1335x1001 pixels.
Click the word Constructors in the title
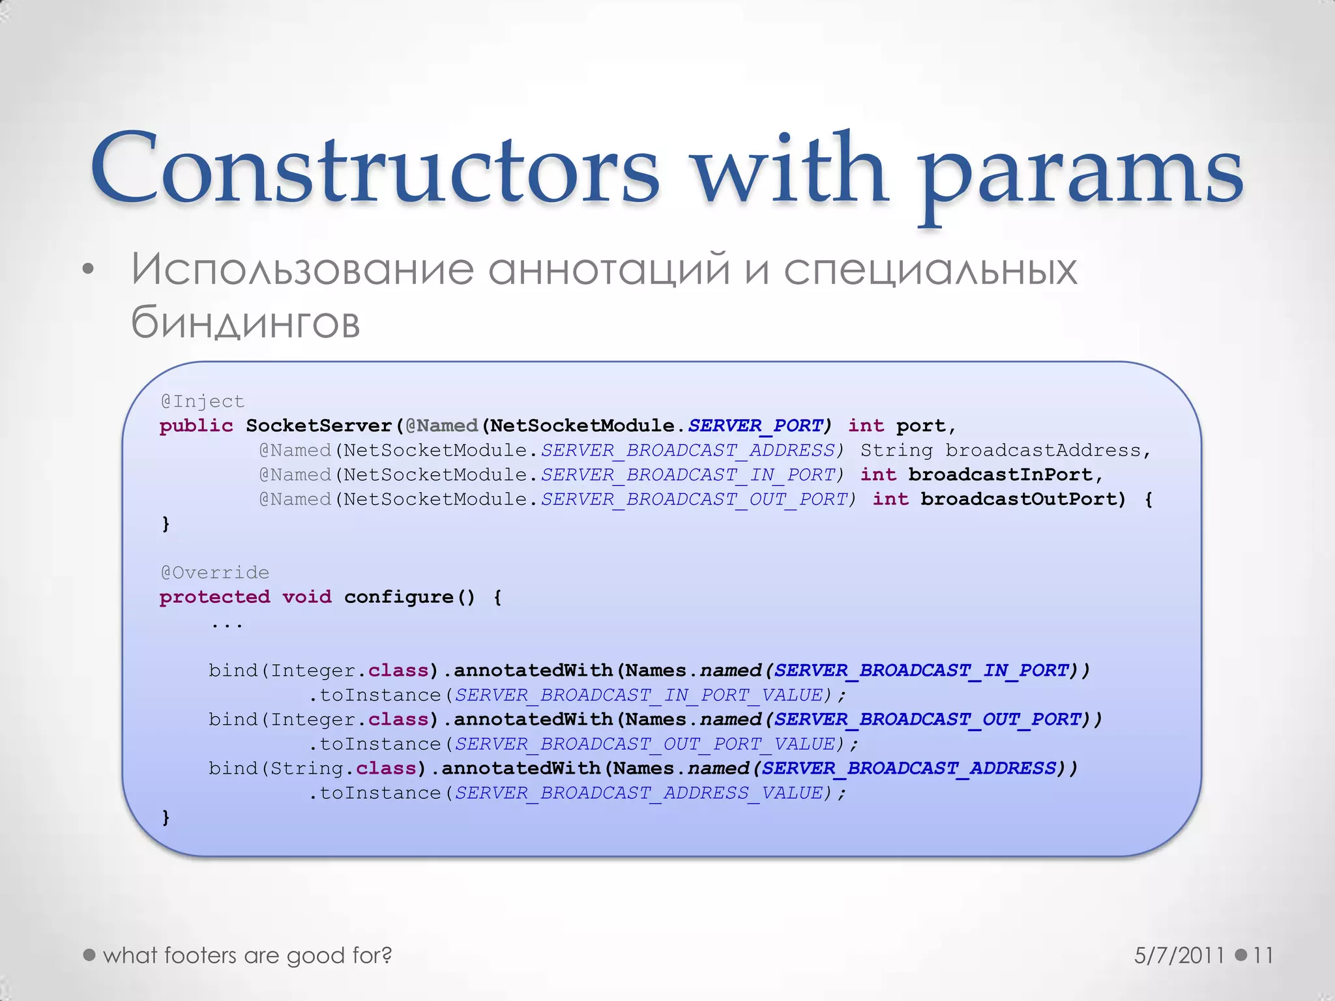pos(375,167)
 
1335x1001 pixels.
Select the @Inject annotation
pos(202,401)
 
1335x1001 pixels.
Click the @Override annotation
pos(214,573)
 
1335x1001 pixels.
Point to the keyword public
pos(196,426)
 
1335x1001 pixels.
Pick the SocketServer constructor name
pos(319,426)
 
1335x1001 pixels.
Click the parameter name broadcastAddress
pos(1043,450)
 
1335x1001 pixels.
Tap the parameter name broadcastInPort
pos(1000,475)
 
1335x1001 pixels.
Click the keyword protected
pos(214,597)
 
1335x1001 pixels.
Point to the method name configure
pos(399,597)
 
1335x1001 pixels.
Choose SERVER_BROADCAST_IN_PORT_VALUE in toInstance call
pos(639,695)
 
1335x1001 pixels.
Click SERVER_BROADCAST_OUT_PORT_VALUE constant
pos(645,744)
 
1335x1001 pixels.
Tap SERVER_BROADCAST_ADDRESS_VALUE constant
pos(639,793)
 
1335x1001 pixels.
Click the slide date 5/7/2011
pos(1179,955)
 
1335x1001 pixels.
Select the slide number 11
pos(1263,955)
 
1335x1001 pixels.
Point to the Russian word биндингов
pos(245,323)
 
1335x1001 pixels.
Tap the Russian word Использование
pos(302,269)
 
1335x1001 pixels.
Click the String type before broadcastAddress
pos(896,450)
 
